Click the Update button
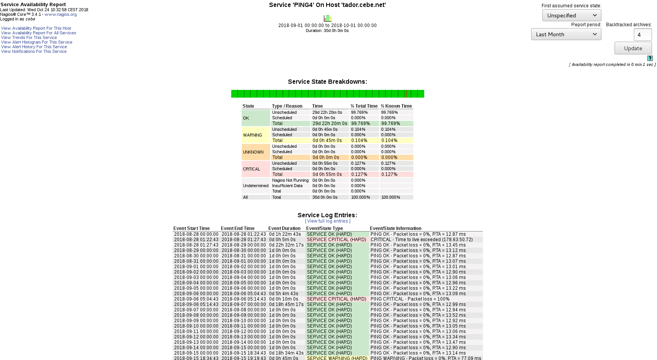pos(633,48)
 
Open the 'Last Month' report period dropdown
pos(566,34)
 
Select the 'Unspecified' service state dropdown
pos(571,15)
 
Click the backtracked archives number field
pos(642,35)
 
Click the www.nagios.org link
pos(61,15)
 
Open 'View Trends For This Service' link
pos(29,38)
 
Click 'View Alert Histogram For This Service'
pos(37,42)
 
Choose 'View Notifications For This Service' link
pos(34,52)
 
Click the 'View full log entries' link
pos(328,221)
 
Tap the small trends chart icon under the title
pos(328,19)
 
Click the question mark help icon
pos(650,58)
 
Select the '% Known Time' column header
pos(396,106)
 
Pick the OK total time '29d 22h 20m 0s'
pos(330,124)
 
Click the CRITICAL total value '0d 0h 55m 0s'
pos(327,175)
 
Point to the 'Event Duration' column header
pos(284,228)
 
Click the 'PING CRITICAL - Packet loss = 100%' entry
pos(410,299)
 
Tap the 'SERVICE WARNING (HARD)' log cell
pos(337,358)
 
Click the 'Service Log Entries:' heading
pos(327,215)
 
